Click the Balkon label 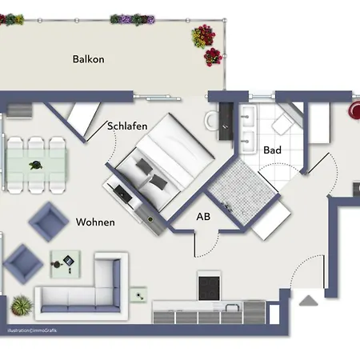89,59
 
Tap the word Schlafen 127,126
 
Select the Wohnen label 95,222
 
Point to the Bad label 272,150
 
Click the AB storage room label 203,217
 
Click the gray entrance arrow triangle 309,301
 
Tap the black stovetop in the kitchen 210,288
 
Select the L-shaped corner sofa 82,286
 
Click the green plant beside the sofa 22,306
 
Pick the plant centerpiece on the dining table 36,166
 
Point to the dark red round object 354,110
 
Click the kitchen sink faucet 231,306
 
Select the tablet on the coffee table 69,260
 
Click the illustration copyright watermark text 32,330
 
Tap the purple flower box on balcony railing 133,19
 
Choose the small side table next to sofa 138,295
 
